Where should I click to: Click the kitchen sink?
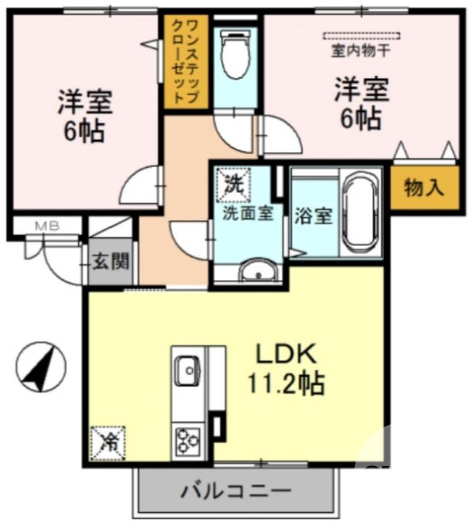(x=187, y=370)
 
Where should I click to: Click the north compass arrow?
(x=41, y=367)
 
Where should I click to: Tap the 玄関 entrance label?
(x=110, y=262)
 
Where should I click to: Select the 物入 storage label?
(x=424, y=189)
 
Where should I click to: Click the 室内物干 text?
(x=361, y=49)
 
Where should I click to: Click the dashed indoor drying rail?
(x=361, y=35)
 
